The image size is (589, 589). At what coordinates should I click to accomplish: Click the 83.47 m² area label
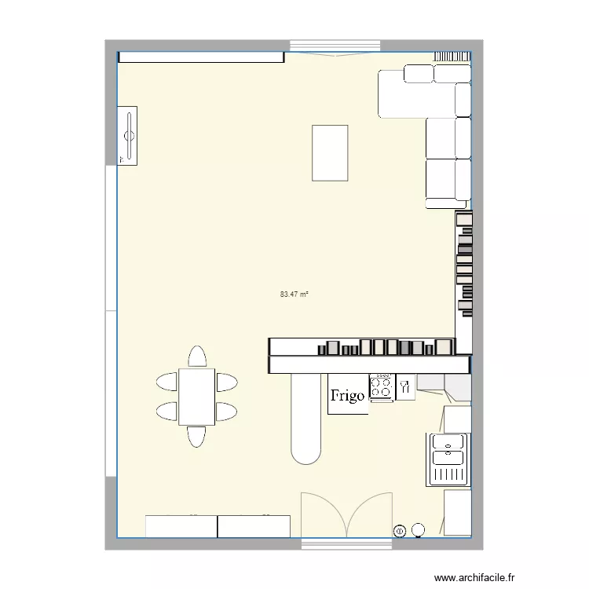point(294,294)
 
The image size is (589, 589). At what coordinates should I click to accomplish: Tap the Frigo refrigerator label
point(347,396)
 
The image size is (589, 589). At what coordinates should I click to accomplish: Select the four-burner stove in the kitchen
point(382,386)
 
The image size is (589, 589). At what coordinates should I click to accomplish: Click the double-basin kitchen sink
point(448,459)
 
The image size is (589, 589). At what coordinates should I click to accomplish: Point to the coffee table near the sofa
point(330,152)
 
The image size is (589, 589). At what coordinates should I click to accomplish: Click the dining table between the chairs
point(196,397)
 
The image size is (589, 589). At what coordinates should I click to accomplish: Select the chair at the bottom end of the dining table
point(196,437)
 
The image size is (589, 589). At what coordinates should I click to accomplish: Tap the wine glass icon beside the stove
point(405,386)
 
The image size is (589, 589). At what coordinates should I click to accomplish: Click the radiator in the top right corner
point(452,56)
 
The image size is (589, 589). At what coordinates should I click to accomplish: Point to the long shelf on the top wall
point(201,57)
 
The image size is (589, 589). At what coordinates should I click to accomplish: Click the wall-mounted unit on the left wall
point(127,135)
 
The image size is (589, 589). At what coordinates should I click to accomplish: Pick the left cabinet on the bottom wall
point(181,526)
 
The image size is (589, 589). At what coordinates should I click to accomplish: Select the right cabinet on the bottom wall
point(254,526)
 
